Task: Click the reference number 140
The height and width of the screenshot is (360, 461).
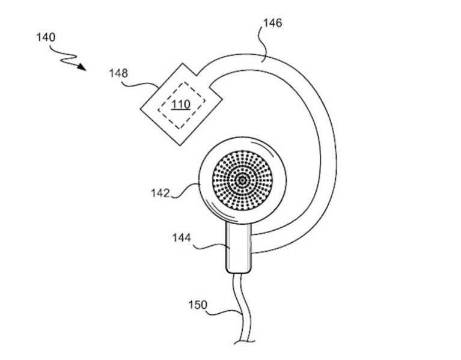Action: (x=46, y=37)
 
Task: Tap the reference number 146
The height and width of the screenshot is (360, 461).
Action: (x=272, y=23)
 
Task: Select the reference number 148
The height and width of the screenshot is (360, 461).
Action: (x=118, y=73)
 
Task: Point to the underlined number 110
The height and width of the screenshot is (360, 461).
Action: (x=181, y=105)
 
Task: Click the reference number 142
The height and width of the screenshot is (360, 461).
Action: (x=160, y=193)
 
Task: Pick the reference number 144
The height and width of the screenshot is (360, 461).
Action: (x=182, y=237)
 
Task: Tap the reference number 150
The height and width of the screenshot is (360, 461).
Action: (x=198, y=305)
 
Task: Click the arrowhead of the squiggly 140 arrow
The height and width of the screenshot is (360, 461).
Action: (x=82, y=67)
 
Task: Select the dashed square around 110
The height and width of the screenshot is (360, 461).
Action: (x=182, y=105)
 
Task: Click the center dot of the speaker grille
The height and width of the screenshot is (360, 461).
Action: (x=242, y=180)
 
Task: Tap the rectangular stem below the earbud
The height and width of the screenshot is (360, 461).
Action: (x=239, y=248)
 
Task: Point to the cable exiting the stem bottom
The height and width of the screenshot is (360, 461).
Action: (x=243, y=308)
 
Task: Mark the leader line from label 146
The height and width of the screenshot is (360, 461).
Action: (x=263, y=44)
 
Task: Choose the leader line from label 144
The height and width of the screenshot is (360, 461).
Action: (x=210, y=246)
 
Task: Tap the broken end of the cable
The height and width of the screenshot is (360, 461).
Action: (x=244, y=342)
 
